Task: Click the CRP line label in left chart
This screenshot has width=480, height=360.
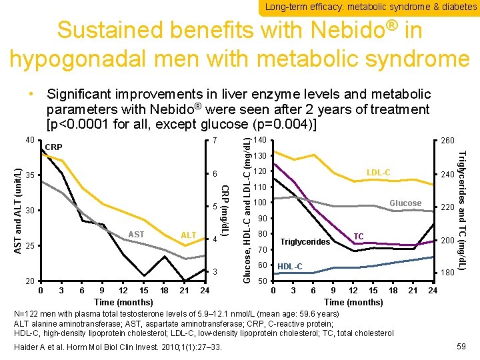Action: tap(54, 147)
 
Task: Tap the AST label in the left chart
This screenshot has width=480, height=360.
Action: tap(136, 234)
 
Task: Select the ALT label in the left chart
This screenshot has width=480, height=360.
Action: tap(189, 235)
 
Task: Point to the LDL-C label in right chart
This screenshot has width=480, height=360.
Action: tap(378, 173)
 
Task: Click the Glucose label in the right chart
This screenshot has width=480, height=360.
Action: tap(405, 203)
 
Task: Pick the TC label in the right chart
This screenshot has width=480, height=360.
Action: tap(358, 237)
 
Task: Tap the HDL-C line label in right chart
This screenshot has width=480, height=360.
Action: tap(289, 267)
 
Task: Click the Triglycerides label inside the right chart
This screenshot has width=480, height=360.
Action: tap(305, 241)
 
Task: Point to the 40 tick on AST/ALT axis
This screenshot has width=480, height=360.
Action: tap(29, 139)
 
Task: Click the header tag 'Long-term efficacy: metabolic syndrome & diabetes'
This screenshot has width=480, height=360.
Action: tap(371, 7)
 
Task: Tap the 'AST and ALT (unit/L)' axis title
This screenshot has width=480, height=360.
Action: tap(18, 209)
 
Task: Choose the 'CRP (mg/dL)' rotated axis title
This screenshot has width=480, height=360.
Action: tap(225, 209)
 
